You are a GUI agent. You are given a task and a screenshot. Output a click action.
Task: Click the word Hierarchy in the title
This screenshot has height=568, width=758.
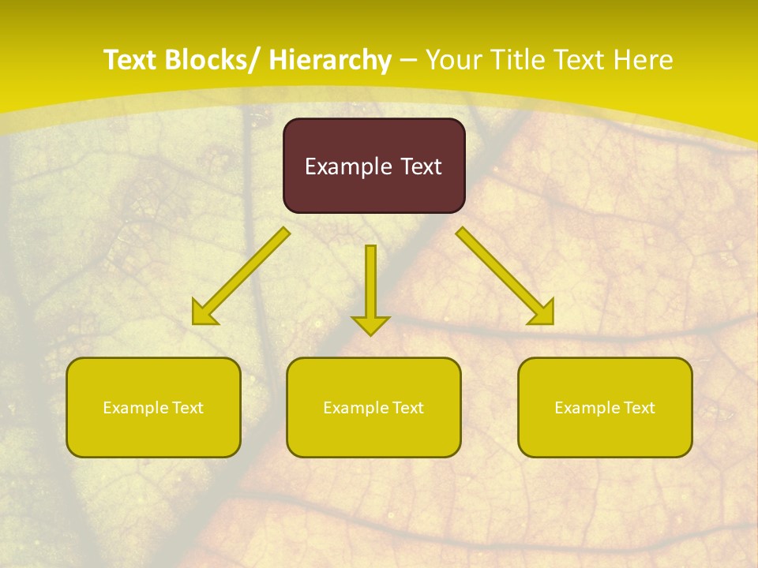[x=330, y=60]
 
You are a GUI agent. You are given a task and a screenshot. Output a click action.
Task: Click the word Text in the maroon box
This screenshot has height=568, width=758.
[x=420, y=166]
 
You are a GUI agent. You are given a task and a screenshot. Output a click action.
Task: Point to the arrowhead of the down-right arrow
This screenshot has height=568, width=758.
[x=542, y=313]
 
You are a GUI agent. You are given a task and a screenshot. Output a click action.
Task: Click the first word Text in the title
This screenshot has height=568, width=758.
[x=130, y=60]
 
